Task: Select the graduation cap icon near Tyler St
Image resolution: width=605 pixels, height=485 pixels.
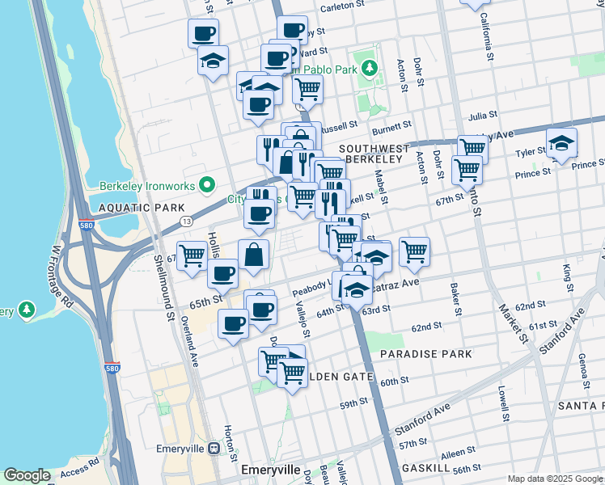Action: pyautogui.click(x=561, y=144)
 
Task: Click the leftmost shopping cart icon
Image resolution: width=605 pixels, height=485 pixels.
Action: pyautogui.click(x=192, y=255)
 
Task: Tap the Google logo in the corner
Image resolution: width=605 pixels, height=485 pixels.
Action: pyautogui.click(x=27, y=475)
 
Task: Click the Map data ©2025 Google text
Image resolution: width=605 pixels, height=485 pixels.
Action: pyautogui.click(x=555, y=479)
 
